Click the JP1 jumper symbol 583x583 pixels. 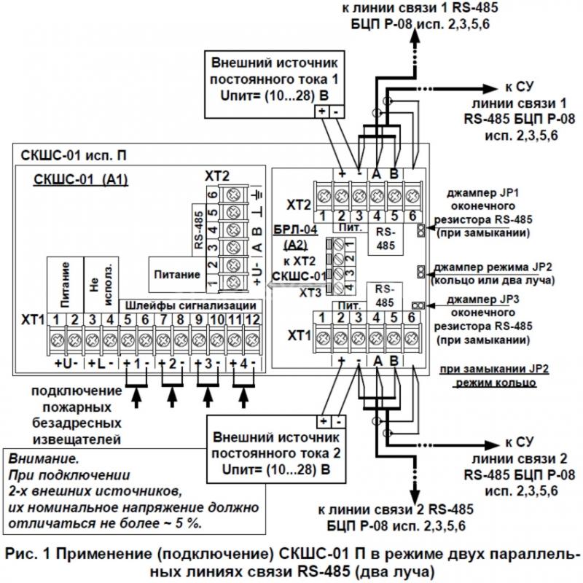click(x=421, y=230)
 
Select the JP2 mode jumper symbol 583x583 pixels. click(x=421, y=271)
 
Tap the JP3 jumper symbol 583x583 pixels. click(x=418, y=305)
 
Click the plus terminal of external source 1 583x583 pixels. click(x=322, y=111)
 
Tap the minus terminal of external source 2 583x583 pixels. click(x=338, y=422)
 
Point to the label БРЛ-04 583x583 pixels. click(x=296, y=230)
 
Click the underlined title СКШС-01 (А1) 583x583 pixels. click(x=81, y=179)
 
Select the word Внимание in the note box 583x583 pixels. click(x=44, y=459)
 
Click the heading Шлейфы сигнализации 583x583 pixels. click(x=191, y=305)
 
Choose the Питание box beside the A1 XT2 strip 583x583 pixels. click(x=177, y=275)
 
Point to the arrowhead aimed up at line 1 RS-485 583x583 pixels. click(x=415, y=36)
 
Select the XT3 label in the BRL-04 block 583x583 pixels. click(x=310, y=294)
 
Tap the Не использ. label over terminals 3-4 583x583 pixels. click(x=101, y=284)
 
